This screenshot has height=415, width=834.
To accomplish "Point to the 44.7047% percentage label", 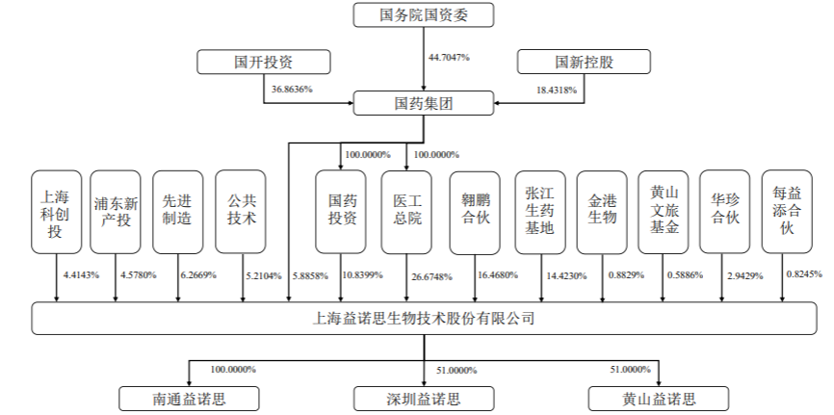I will click(449, 58).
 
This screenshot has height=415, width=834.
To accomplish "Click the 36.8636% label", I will click(292, 90).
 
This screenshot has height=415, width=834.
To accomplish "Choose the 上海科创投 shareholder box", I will click(56, 212).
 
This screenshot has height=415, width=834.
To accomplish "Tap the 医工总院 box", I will click(406, 212).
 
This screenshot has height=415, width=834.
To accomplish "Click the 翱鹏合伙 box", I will click(475, 212).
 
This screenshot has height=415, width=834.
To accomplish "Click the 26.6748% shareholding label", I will click(434, 275).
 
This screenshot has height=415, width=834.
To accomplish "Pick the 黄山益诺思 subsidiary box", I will click(658, 398).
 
